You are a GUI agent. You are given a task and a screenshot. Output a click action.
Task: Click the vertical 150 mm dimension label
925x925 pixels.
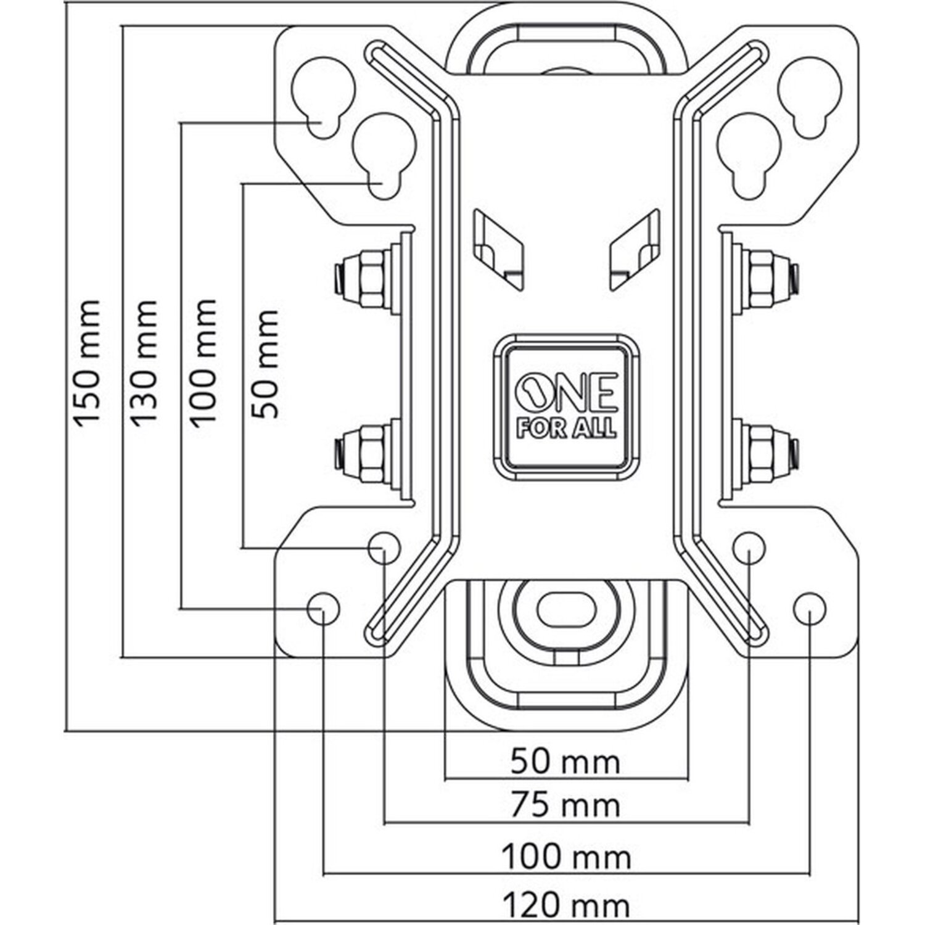click(86, 363)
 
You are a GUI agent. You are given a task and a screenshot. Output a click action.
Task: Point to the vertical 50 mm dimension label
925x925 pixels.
click(265, 364)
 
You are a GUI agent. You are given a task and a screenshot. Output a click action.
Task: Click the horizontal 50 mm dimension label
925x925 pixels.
click(565, 763)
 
